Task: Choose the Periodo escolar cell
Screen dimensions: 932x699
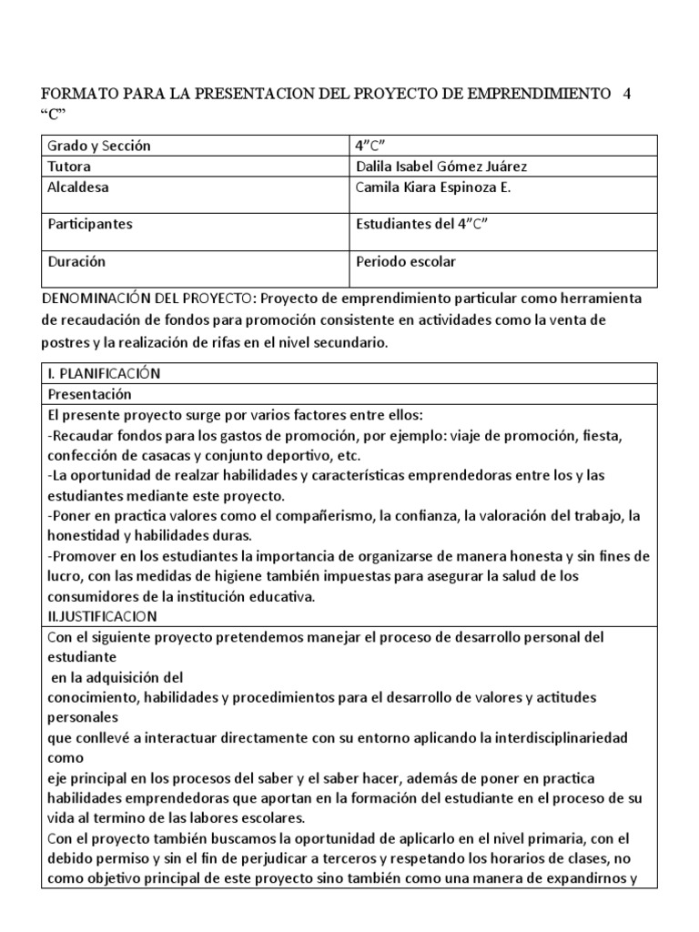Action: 405,261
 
